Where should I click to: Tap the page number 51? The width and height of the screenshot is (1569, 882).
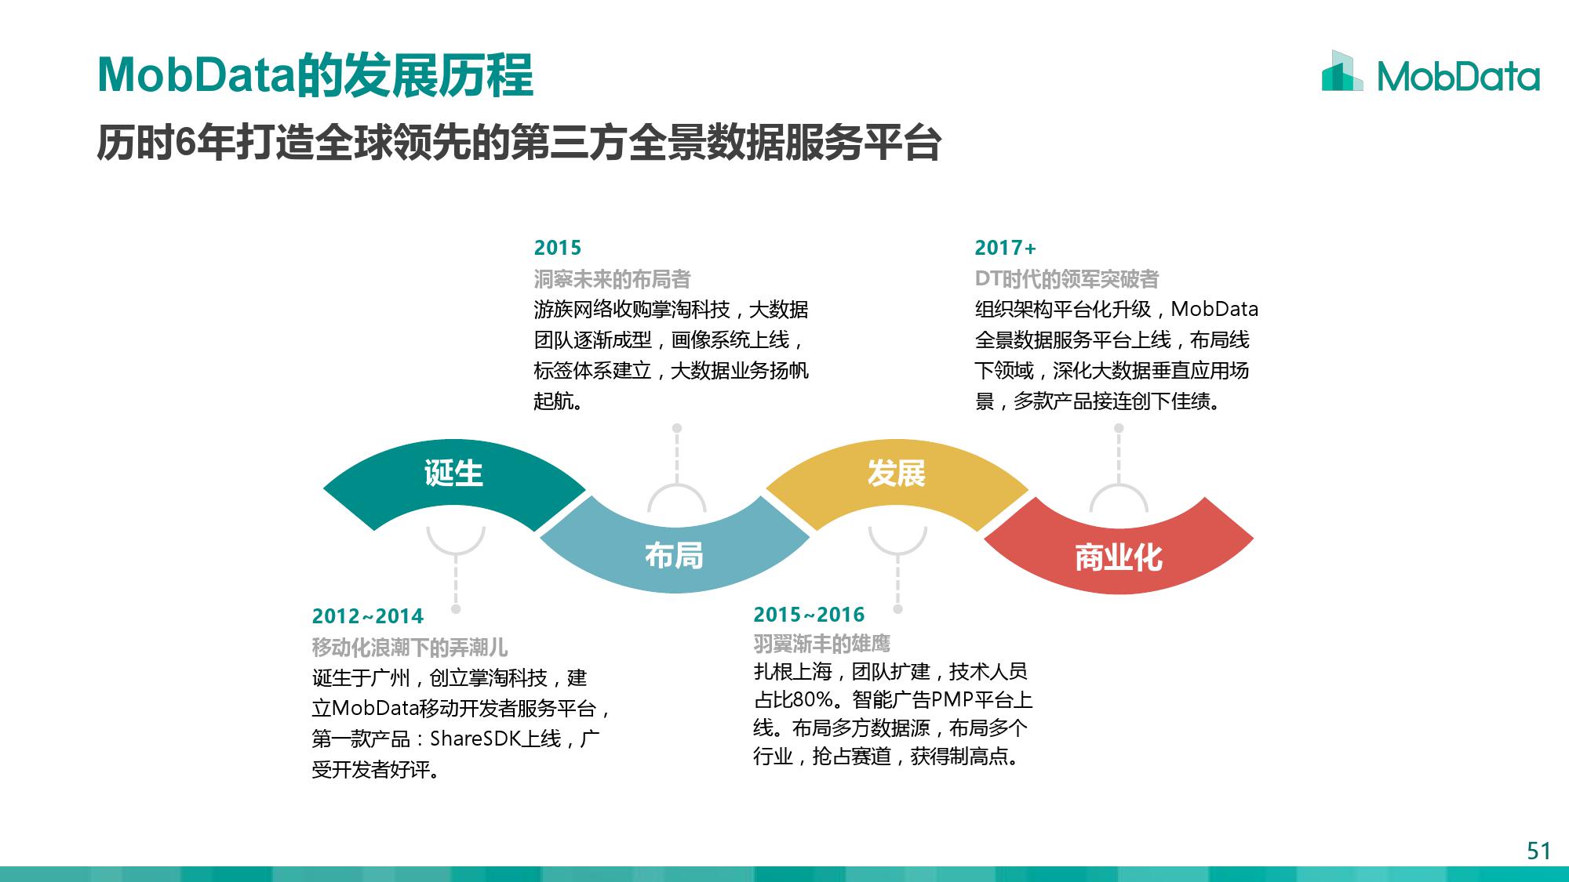pyautogui.click(x=1538, y=851)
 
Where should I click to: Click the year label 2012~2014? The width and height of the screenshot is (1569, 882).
pyautogui.click(x=367, y=616)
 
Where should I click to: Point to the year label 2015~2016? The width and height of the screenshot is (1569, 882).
pyautogui.click(x=809, y=615)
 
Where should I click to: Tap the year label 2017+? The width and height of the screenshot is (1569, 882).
pyautogui.click(x=1005, y=248)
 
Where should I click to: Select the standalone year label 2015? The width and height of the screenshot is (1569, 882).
pyautogui.click(x=558, y=248)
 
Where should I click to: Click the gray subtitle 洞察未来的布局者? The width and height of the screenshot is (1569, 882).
pyautogui.click(x=612, y=279)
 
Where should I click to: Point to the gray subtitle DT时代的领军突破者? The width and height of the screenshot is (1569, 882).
pyautogui.click(x=1067, y=279)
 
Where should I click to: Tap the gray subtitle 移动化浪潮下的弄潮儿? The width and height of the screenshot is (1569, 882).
pyautogui.click(x=410, y=648)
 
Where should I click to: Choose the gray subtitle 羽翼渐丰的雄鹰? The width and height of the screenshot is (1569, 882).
pyautogui.click(x=821, y=644)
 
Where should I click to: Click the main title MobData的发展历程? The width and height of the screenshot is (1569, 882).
pyautogui.click(x=315, y=75)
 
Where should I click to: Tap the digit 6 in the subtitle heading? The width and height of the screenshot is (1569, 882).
pyautogui.click(x=185, y=143)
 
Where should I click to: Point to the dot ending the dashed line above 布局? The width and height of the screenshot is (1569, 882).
pyautogui.click(x=677, y=428)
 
